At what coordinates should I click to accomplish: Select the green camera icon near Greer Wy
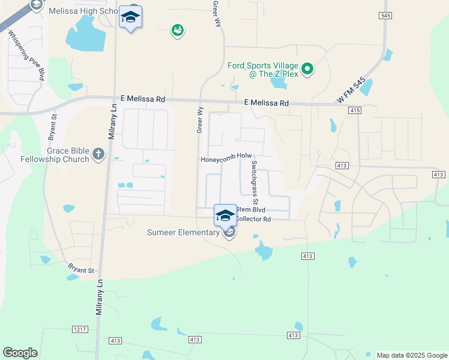coord(177,30)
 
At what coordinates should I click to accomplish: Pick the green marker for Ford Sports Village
coord(308,69)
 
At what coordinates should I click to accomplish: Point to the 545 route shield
coord(386,14)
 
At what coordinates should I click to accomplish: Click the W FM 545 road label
coord(351,93)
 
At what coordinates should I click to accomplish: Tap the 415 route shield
coord(354,110)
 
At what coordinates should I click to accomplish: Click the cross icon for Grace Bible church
coord(99,155)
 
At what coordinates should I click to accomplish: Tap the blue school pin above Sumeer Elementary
coord(225,216)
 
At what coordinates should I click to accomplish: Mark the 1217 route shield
coord(79,329)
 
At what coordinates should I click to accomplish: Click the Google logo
coord(20,353)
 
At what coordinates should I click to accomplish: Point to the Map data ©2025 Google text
coord(411,355)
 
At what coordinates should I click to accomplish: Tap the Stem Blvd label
coord(251,210)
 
